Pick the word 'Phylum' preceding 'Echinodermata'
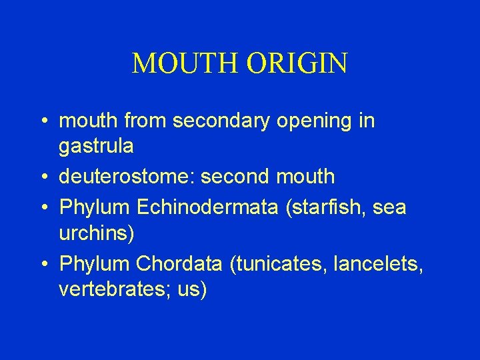pyautogui.click(x=94, y=207)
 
